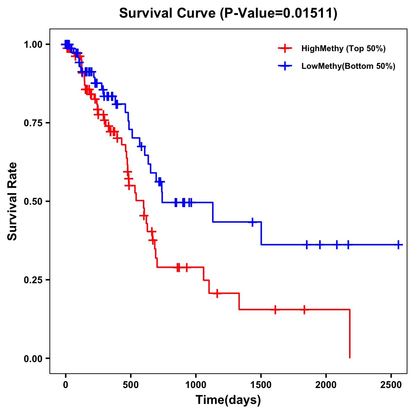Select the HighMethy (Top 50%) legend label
343,48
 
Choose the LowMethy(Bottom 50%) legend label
348,66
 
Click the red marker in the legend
285,48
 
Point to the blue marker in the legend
285,66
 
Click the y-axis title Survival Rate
12,201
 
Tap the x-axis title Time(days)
228,400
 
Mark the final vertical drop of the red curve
350,334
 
